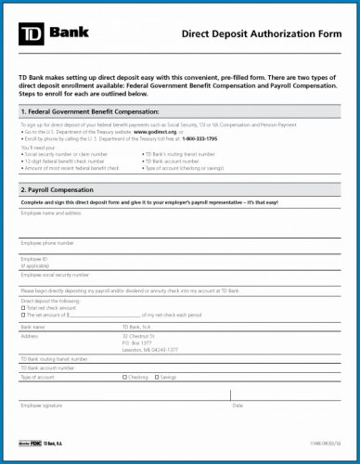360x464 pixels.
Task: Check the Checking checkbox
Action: click(125, 377)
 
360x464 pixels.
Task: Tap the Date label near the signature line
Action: click(238, 406)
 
